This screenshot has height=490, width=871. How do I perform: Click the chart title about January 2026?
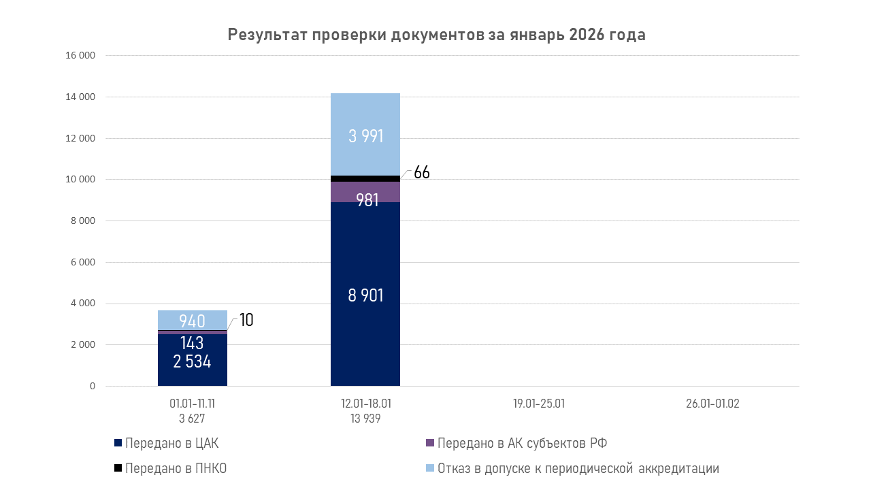[x=436, y=35]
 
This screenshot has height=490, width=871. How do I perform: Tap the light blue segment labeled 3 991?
[x=365, y=135]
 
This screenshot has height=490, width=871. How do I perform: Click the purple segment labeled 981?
[x=365, y=192]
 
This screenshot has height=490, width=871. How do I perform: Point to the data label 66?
[x=422, y=173]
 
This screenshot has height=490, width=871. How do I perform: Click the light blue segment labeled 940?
[x=193, y=320]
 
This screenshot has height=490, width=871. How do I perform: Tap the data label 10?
[x=246, y=320]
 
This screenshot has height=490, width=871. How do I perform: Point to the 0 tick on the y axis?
[x=93, y=387]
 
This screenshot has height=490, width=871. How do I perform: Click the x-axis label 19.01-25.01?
[x=539, y=404]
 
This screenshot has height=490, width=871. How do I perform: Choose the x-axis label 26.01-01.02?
[x=712, y=404]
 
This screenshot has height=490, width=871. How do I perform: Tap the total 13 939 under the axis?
[x=365, y=419]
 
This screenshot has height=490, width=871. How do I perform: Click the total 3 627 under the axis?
[x=193, y=419]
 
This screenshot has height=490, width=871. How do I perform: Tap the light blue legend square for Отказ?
[x=429, y=468]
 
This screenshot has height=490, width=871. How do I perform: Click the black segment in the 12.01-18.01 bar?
[x=365, y=178]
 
